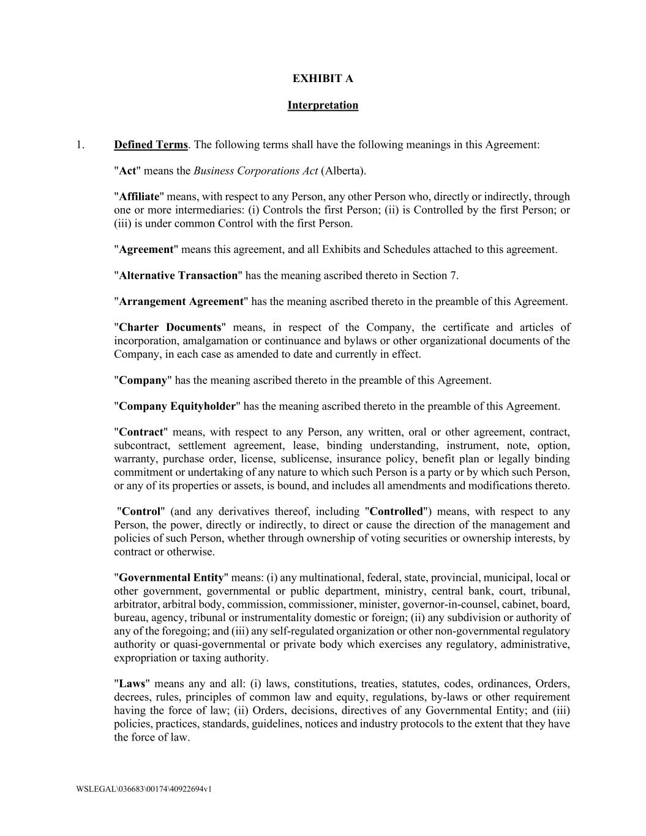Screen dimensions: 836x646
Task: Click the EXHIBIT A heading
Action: (x=323, y=78)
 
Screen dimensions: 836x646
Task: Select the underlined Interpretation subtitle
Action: (x=323, y=105)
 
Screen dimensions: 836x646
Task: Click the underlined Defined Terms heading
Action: (x=151, y=145)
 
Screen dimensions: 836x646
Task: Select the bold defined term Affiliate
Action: (x=139, y=197)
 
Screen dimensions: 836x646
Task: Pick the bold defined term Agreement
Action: (x=146, y=249)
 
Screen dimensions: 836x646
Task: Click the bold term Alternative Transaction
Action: (x=178, y=276)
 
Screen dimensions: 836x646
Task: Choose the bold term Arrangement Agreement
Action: (x=181, y=301)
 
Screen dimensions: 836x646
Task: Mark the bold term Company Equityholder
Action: (x=177, y=406)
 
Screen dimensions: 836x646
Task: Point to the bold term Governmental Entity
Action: (x=171, y=578)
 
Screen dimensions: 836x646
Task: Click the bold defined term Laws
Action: (x=132, y=683)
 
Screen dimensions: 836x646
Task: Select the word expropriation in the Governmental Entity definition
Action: (x=145, y=658)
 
